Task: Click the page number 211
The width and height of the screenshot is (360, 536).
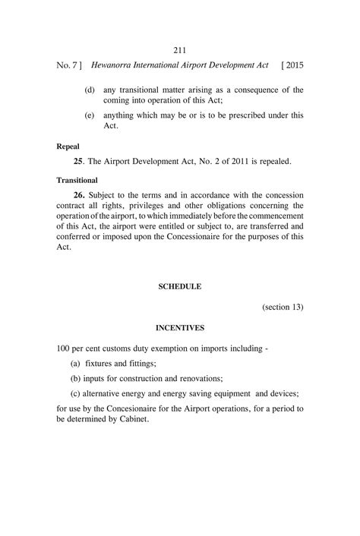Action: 179,50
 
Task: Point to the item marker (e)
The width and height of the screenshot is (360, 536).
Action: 89,116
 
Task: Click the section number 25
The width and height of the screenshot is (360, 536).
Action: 78,162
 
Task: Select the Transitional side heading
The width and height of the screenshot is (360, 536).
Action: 77,181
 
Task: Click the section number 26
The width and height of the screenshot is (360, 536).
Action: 79,194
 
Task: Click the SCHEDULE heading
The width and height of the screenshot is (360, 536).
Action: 179,287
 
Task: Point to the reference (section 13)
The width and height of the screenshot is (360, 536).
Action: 283,307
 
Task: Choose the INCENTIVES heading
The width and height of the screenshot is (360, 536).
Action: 179,329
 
